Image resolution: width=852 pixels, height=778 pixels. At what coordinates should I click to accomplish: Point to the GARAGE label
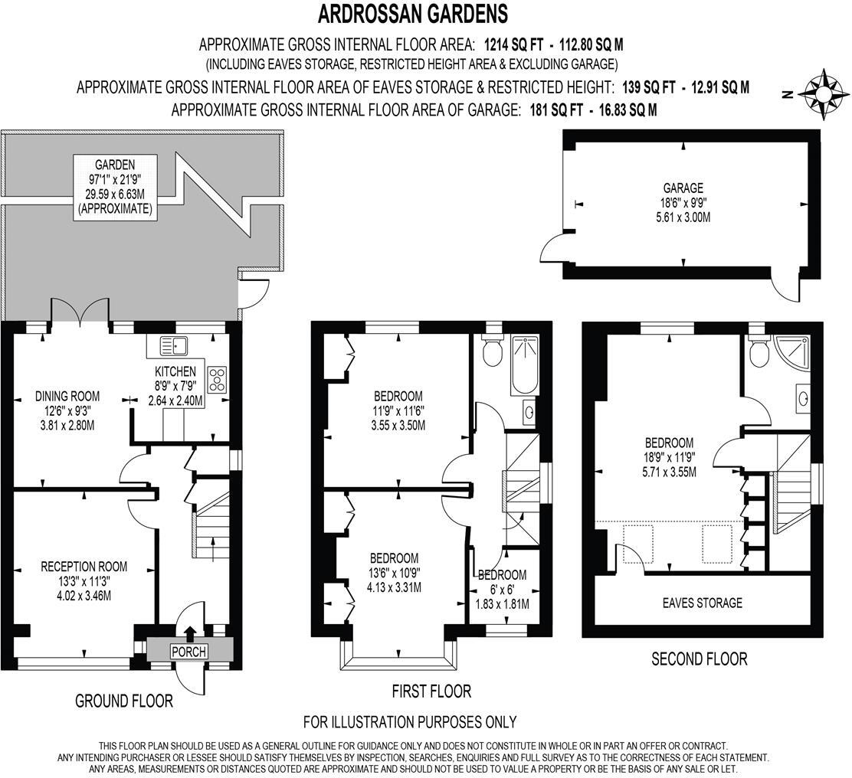coord(683,188)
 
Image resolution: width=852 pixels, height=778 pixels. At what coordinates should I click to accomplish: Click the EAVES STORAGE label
coord(702,603)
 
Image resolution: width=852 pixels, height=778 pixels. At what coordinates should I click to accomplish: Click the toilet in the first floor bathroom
coord(492,352)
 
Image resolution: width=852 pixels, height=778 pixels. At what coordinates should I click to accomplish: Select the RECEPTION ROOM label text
coord(84,567)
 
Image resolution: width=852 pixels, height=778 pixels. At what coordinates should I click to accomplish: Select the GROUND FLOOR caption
coord(123,700)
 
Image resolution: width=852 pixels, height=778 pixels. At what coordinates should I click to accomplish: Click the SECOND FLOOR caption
coord(699,658)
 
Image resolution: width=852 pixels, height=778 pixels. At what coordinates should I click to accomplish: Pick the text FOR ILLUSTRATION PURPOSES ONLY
coord(410,721)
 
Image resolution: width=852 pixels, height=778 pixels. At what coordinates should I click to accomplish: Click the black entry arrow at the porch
coord(189,630)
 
